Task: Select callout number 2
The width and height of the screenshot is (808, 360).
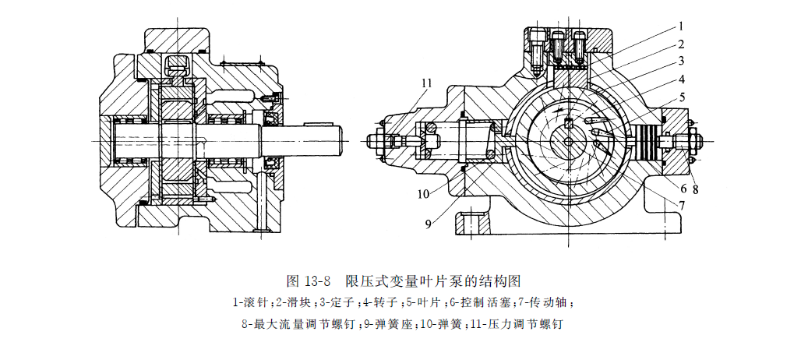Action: tap(679, 44)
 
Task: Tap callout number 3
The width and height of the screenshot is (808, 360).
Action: tap(679, 60)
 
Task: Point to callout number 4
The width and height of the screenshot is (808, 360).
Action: tap(679, 79)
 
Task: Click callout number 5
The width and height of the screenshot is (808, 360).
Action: tap(679, 98)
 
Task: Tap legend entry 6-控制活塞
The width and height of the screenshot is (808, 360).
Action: tap(477, 301)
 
